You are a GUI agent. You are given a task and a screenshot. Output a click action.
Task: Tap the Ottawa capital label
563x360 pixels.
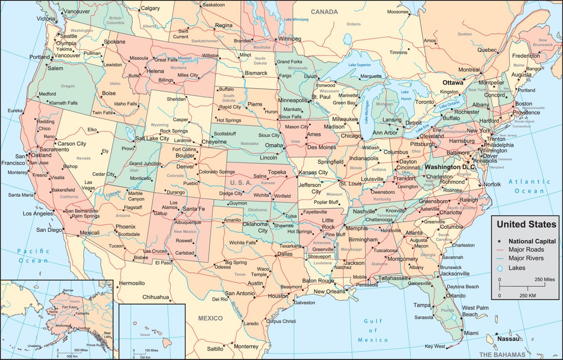point(452,82)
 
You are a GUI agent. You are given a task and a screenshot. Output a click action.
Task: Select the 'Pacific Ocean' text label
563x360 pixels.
point(33,256)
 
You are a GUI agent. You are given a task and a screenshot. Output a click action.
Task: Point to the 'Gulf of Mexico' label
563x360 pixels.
point(373,330)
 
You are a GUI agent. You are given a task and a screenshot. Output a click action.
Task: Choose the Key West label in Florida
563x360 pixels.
point(435,346)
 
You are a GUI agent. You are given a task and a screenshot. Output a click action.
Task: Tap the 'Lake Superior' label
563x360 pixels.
point(359,65)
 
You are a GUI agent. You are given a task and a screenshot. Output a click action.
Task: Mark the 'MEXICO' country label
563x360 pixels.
point(210,318)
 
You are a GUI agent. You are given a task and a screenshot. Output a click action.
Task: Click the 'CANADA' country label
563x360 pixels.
point(323,11)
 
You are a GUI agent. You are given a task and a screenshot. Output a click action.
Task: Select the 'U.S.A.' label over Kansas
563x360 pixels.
point(241,182)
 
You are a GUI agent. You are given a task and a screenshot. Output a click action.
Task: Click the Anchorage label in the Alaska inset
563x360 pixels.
point(62,325)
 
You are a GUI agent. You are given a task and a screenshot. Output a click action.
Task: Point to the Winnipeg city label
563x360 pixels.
point(289,39)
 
